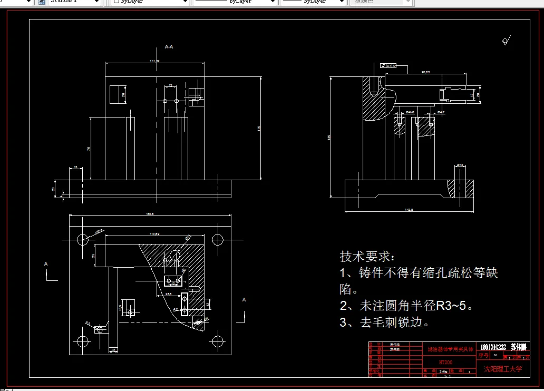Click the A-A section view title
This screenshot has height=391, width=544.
169,47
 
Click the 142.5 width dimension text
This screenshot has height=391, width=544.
409,210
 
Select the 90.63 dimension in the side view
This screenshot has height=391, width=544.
425,71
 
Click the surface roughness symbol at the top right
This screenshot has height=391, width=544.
507,41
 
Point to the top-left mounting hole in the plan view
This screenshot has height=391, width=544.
83,240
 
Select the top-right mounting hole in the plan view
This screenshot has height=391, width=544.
217,240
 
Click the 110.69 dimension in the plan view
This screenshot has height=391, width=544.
154,233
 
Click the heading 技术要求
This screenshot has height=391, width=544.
367,257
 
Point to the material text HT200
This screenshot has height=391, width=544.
446,363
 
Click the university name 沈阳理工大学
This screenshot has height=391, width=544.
503,369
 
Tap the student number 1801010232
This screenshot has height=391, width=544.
493,347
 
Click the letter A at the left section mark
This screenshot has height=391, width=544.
46,263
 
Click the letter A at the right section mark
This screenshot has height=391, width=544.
244,300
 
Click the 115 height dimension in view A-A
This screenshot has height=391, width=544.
259,129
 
